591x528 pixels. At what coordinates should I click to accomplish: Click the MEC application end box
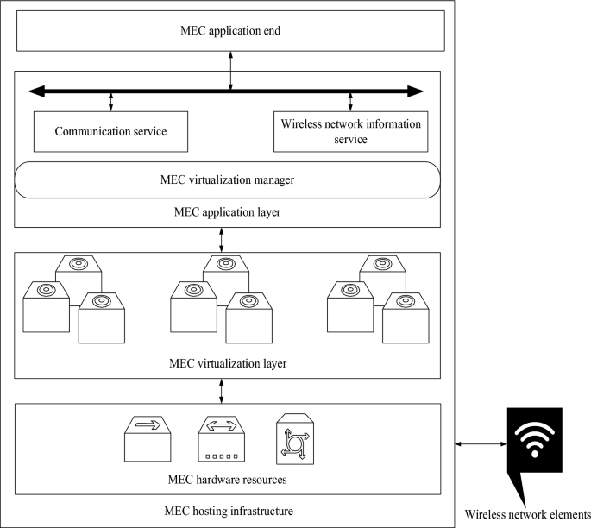coord(230,32)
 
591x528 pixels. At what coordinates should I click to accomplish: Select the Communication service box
coord(110,131)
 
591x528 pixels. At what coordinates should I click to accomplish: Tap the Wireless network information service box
coord(350,131)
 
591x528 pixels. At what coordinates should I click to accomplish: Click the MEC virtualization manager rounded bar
coord(228,179)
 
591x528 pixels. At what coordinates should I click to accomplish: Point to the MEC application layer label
coord(228,211)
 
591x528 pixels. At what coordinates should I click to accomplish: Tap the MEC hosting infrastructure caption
coord(228,511)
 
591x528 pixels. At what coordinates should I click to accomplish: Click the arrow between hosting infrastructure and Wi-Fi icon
coord(480,443)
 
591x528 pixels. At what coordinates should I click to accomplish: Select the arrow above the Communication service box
coord(110,100)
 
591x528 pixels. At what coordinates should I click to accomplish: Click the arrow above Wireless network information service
coord(350,100)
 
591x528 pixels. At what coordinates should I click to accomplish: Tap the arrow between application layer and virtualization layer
coord(223,239)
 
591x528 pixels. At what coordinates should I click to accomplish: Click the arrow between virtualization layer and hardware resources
coord(223,391)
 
